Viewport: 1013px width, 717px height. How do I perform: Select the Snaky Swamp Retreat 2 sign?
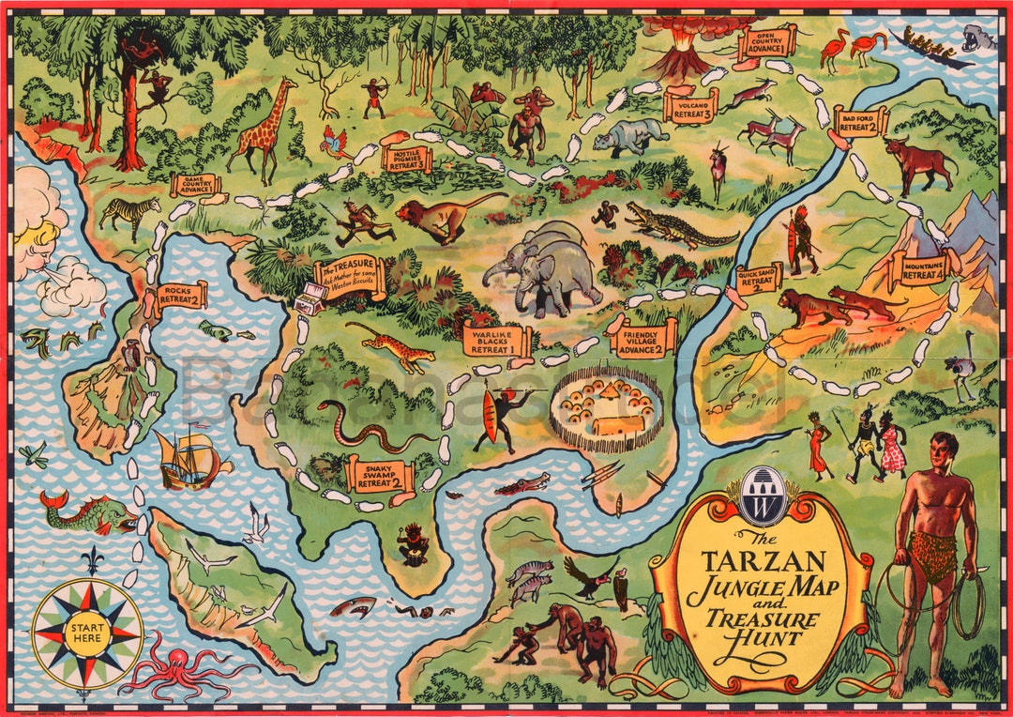[379, 477]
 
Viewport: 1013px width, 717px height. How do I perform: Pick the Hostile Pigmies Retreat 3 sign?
[407, 159]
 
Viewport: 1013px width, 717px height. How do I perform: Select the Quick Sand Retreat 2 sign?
[758, 278]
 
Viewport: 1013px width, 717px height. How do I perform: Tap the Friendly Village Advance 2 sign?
[643, 338]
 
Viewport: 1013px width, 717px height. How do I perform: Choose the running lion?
[441, 217]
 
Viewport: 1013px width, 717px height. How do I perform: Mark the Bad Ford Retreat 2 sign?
[859, 122]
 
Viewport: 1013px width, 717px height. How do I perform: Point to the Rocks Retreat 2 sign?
[181, 296]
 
